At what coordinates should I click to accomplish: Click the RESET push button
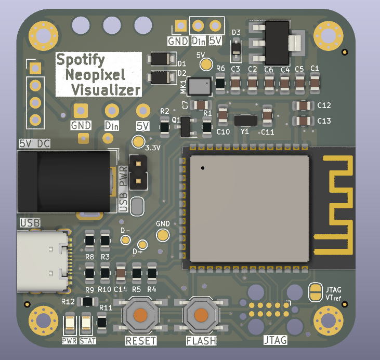(140, 315)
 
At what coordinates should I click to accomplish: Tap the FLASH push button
(200, 315)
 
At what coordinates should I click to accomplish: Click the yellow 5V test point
(206, 64)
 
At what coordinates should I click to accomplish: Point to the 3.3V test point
(138, 142)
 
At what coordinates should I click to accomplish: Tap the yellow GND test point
(163, 235)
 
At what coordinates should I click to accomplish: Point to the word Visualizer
(106, 90)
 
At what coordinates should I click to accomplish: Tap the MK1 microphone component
(200, 86)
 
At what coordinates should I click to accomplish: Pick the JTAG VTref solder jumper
(315, 292)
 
